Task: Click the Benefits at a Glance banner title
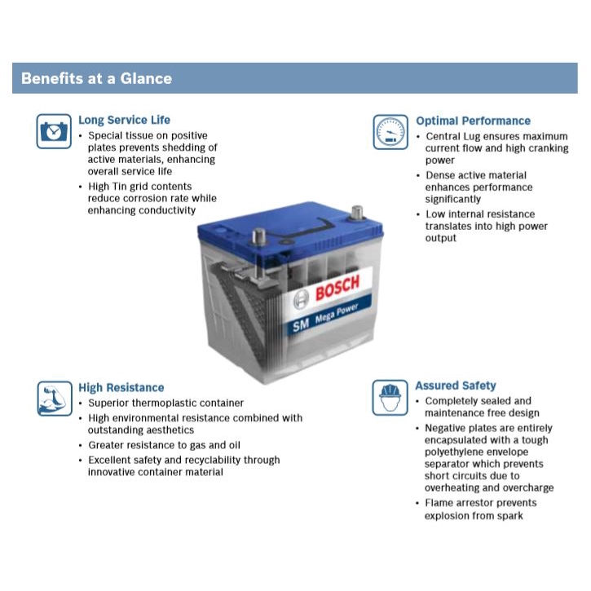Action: (96, 78)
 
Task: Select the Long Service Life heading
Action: (124, 121)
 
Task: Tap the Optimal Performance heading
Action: (473, 121)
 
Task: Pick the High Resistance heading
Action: (121, 388)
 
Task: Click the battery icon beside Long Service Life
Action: (54, 131)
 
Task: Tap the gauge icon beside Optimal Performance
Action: (390, 132)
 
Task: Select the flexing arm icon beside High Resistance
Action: (55, 399)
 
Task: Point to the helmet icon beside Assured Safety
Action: (390, 397)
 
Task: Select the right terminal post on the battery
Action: (355, 214)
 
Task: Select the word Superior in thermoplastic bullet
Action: (110, 403)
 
